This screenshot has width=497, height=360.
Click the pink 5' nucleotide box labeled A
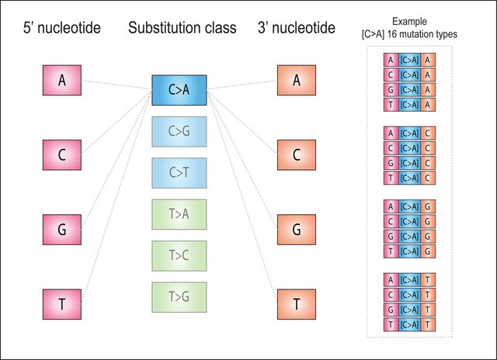click(x=61, y=81)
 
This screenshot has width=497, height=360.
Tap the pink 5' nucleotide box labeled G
click(x=61, y=230)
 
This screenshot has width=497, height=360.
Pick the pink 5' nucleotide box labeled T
click(x=61, y=303)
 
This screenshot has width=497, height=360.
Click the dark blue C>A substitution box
click(x=179, y=92)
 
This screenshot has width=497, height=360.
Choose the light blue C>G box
click(x=179, y=131)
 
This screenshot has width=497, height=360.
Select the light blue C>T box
click(x=179, y=171)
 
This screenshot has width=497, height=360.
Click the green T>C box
click(x=179, y=254)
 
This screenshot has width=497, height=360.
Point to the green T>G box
click(x=179, y=296)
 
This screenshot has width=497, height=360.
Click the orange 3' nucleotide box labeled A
click(x=296, y=81)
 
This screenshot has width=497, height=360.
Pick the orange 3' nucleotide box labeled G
click(x=296, y=230)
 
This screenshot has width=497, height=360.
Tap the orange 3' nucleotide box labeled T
click(x=296, y=303)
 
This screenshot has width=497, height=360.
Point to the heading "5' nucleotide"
click(x=61, y=29)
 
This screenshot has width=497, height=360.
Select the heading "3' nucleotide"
click(x=296, y=29)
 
